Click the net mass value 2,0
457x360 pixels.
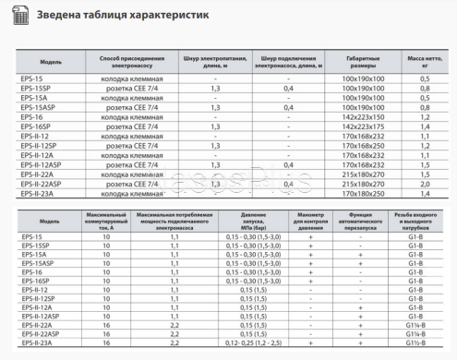(425, 184)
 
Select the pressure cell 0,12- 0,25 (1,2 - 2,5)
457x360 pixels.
(251, 343)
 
